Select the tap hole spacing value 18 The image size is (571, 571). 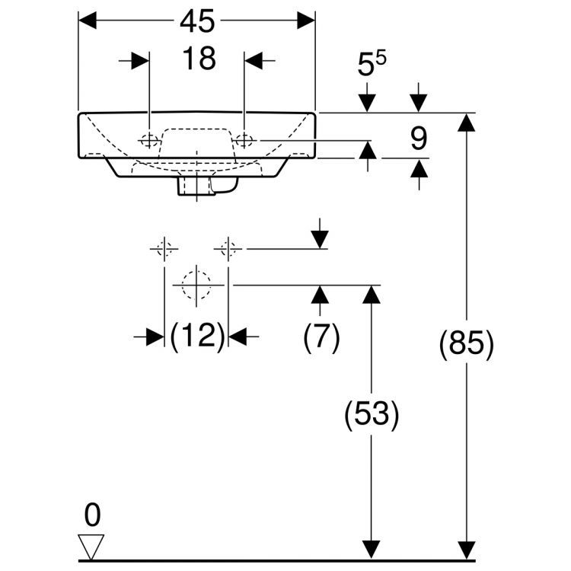197,59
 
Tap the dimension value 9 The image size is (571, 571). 418,139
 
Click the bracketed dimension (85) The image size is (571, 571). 466,343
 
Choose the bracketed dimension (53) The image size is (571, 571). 371,414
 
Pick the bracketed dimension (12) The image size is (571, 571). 196,336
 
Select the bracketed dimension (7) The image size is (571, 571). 321,336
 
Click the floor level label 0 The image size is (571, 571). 92,515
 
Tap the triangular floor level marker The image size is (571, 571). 92,546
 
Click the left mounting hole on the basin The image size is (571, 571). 150,140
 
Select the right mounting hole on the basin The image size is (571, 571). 244,140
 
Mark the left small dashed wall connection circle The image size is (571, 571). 164,248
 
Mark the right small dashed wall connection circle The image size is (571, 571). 228,248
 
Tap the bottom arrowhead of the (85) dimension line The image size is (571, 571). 465,550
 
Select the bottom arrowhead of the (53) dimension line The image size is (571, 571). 371,550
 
